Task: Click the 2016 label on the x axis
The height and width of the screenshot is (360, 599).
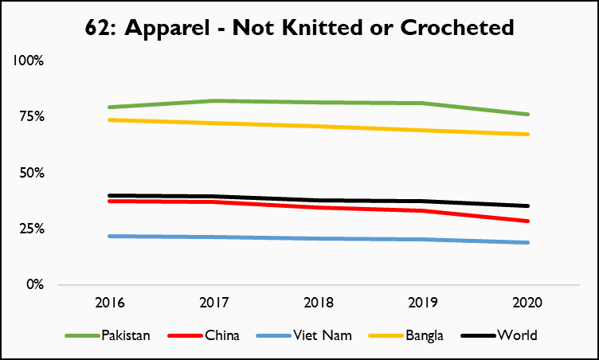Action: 109,303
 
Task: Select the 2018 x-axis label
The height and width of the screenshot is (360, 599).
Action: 319,303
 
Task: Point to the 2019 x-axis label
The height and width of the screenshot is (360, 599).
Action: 423,303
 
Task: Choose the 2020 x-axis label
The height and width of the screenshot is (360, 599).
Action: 527,303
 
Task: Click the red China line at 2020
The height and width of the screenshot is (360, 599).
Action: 527,221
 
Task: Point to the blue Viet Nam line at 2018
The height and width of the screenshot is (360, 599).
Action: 319,238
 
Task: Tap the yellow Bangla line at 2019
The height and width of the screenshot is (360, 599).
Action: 423,130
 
